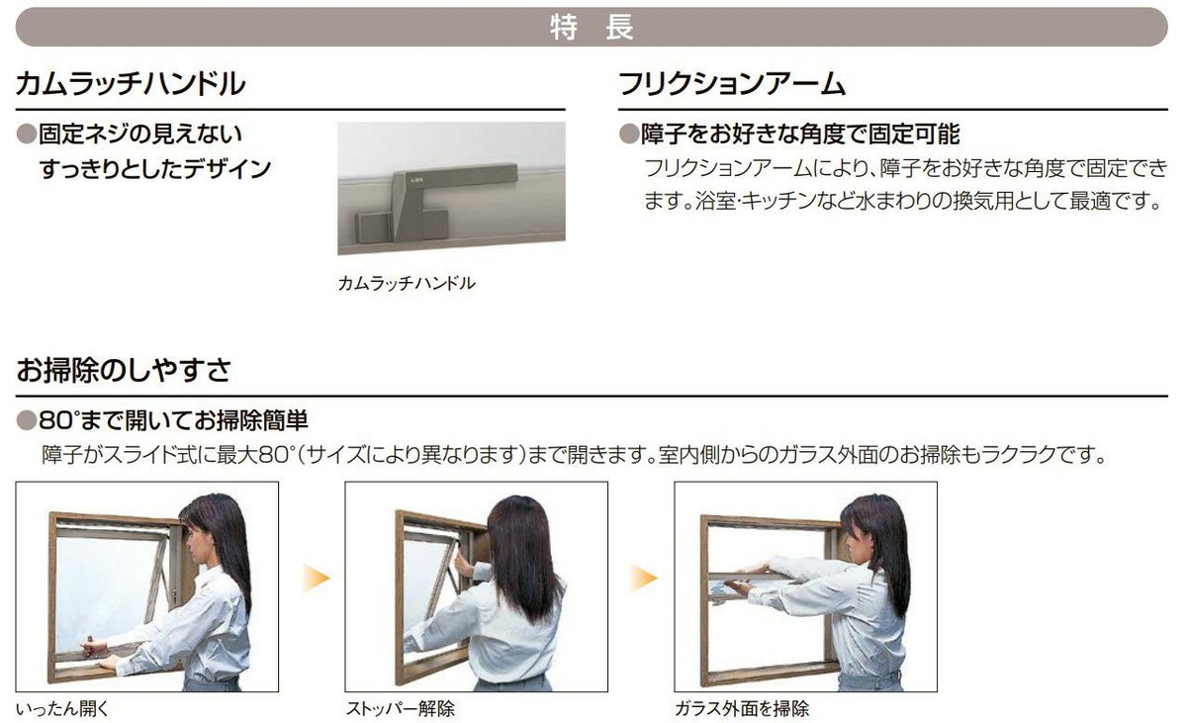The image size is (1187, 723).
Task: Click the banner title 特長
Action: click(592, 27)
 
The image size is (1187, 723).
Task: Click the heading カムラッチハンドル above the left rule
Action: click(131, 84)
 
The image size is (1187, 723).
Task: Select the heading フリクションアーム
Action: click(732, 84)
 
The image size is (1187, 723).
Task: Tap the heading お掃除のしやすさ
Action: click(124, 369)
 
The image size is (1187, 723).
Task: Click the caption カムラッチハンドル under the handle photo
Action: click(407, 284)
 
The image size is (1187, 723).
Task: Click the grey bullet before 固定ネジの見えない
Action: click(26, 134)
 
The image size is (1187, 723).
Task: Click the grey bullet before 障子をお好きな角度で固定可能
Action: click(629, 134)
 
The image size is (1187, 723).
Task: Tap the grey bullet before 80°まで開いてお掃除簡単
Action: click(26, 421)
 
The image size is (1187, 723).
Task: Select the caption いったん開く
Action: click(62, 708)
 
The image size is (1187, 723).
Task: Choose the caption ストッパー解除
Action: click(400, 708)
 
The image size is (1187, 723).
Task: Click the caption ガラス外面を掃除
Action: click(742, 708)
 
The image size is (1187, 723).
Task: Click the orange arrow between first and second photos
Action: click(317, 578)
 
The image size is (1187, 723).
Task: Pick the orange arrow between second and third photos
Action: click(644, 578)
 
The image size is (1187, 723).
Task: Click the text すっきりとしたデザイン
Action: click(155, 169)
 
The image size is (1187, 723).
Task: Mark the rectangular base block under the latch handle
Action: click(402, 226)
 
